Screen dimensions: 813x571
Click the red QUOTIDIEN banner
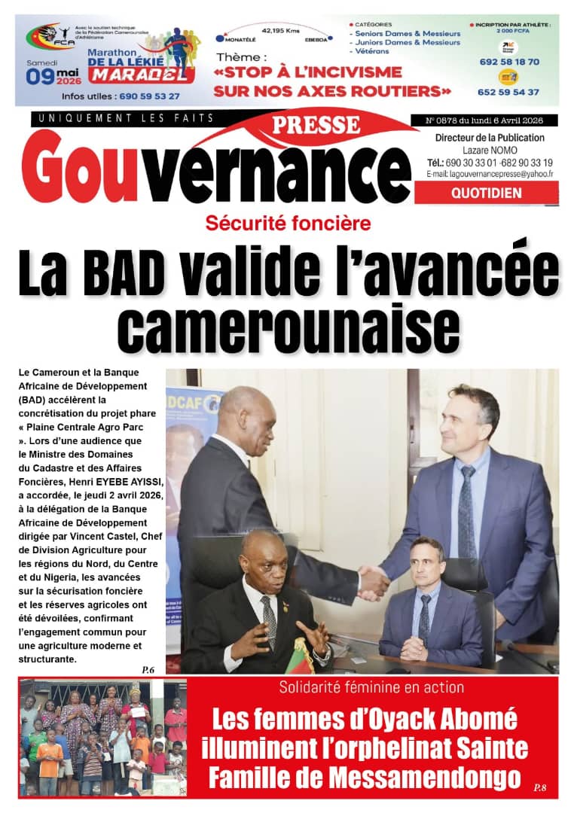(486, 193)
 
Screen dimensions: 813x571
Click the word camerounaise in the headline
(289, 328)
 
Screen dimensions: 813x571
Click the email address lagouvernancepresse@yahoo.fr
(490, 174)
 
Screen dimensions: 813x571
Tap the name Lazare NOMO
(490, 150)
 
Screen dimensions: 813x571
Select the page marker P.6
(148, 669)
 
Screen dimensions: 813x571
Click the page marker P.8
(540, 787)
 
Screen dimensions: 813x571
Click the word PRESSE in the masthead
(316, 124)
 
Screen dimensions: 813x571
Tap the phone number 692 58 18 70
(508, 62)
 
